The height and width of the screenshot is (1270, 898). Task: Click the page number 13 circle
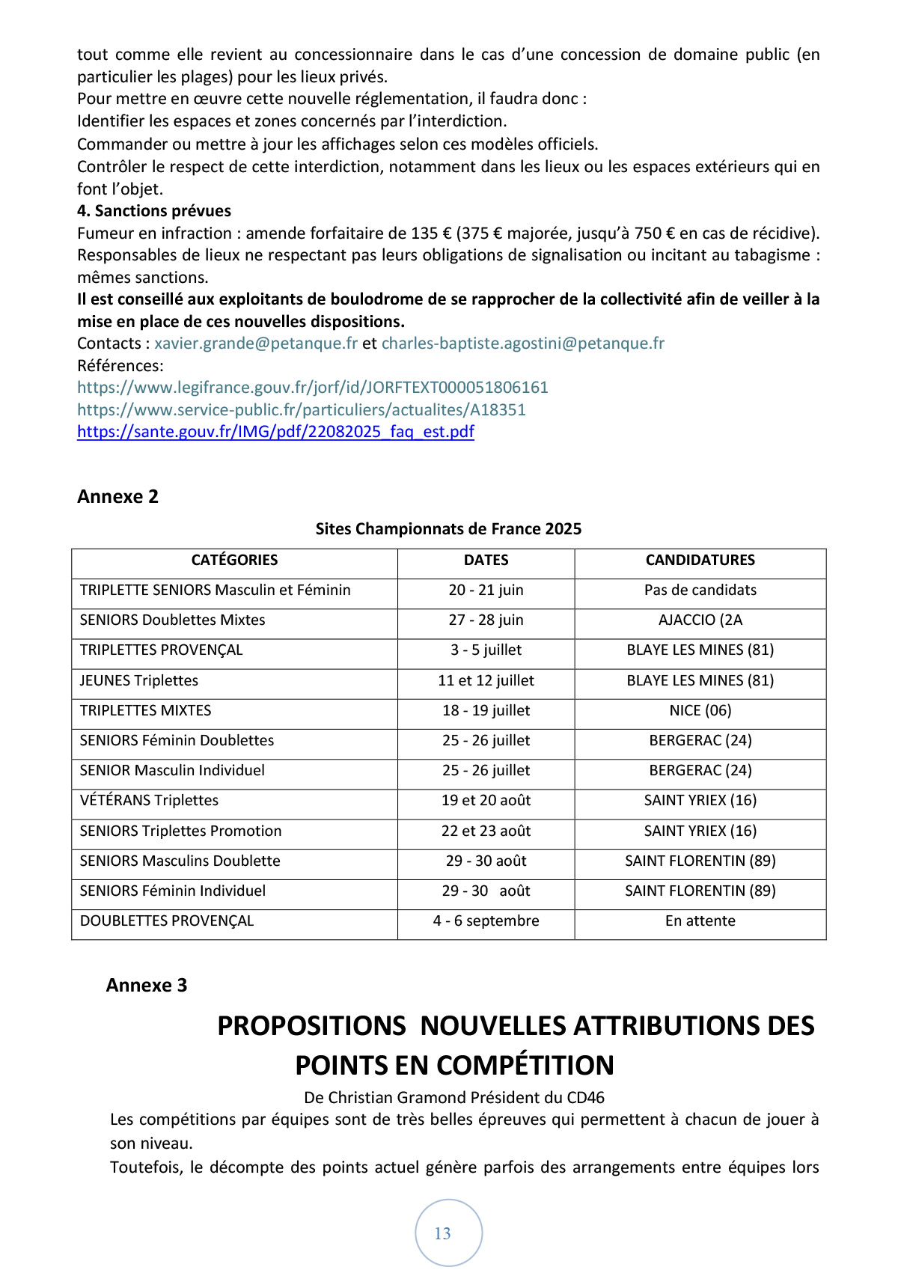point(448,1233)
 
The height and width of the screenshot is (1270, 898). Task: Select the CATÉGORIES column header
point(234,561)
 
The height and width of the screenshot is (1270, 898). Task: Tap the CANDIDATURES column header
point(700,561)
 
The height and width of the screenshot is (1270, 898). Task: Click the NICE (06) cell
point(700,710)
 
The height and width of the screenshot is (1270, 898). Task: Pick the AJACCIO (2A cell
point(700,620)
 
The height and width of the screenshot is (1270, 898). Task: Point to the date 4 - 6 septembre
point(486,921)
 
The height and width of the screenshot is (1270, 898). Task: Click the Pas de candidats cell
point(700,590)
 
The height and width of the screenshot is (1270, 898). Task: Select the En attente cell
point(700,921)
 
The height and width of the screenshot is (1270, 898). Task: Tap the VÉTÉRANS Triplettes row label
point(149,801)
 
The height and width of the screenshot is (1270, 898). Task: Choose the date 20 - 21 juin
point(486,590)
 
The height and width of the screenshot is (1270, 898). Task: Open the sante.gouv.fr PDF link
point(275,432)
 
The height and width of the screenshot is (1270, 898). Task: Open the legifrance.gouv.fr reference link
point(313,388)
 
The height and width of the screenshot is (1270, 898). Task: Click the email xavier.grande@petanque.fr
point(256,344)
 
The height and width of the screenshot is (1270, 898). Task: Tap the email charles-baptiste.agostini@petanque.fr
point(522,344)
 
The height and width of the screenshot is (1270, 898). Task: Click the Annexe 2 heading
point(117,497)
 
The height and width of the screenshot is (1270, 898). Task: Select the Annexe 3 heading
point(147,986)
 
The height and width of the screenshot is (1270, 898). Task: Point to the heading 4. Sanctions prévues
point(154,211)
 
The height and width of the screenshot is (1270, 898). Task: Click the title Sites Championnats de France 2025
point(448,529)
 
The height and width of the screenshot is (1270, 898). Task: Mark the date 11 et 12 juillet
point(486,681)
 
